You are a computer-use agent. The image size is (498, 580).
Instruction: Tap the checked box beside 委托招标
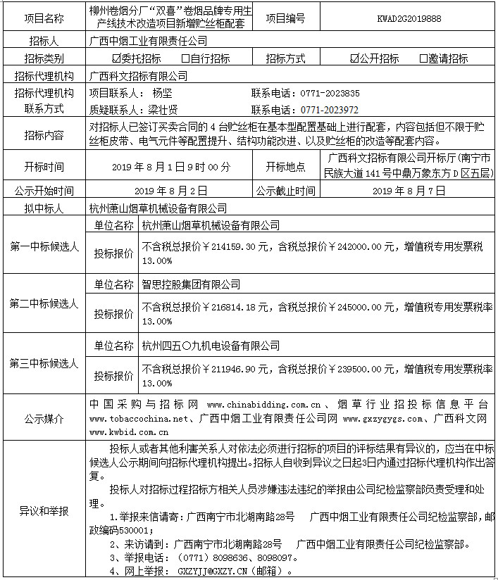click(117, 58)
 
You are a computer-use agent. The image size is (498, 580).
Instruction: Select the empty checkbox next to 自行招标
click(185, 58)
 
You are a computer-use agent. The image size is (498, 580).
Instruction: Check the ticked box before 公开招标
click(354, 58)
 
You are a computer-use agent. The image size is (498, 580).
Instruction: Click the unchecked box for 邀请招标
click(423, 58)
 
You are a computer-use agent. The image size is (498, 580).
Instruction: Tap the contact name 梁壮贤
click(163, 110)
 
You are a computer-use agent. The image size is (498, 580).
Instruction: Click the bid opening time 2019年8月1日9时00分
click(171, 167)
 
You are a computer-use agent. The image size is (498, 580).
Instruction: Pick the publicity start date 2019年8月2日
click(171, 190)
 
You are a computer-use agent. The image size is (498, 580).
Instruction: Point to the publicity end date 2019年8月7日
click(409, 190)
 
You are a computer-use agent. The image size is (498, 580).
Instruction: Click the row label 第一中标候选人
click(44, 247)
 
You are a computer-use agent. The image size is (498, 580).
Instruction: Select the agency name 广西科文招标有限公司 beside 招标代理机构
click(139, 75)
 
